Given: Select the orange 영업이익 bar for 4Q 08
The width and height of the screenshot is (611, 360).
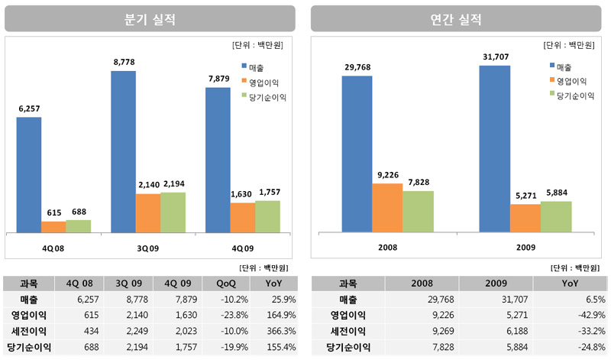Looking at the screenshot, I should click(x=53, y=227).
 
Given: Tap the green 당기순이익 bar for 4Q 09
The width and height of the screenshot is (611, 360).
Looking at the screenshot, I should click(x=267, y=216).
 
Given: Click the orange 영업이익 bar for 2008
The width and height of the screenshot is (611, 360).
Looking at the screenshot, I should click(x=387, y=207).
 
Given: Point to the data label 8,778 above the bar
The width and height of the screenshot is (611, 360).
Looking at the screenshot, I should click(x=124, y=62).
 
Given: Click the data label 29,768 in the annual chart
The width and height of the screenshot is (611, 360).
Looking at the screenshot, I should click(x=357, y=67).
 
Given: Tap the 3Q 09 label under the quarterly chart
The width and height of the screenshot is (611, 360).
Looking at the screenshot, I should click(x=148, y=248).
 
